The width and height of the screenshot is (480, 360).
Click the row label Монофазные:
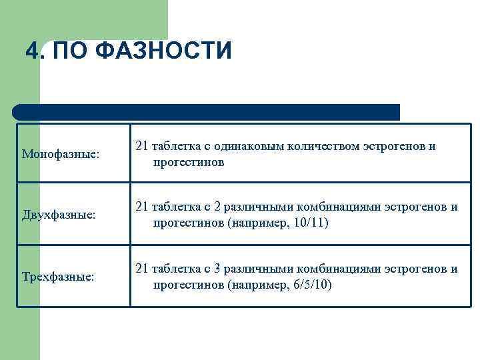61,154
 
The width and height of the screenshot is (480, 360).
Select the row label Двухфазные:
59,215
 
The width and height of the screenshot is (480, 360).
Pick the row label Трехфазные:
58,277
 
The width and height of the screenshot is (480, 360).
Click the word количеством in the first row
323,146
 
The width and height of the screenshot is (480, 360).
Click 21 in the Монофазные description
142,146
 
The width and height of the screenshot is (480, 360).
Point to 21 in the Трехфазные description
142,269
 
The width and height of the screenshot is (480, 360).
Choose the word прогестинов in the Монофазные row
188,161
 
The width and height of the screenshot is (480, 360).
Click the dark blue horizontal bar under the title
207,112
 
